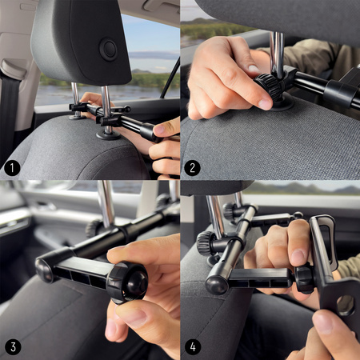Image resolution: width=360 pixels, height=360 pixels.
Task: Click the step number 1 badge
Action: pos(12,168)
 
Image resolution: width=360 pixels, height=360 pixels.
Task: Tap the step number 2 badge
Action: pos(192,168)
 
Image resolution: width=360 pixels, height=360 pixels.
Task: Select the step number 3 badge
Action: pos(13,347)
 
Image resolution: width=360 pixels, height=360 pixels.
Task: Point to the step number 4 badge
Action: pos(193,347)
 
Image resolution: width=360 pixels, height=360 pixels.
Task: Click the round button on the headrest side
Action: pos(108,50)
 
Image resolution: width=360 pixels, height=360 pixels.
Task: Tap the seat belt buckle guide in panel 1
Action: pos(13,70)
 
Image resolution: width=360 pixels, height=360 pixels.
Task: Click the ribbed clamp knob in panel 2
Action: pos(268,85)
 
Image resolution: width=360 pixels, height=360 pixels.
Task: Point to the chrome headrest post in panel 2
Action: pos(278,54)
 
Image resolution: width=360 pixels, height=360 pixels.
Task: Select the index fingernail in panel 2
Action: pos(266,104)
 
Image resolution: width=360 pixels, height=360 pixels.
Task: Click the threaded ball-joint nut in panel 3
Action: pos(127,283)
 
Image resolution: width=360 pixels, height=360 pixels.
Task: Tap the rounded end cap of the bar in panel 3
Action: pos(44,270)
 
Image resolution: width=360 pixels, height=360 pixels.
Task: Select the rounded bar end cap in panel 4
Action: pos(217,285)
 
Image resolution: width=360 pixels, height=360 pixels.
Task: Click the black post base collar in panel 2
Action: pos(282,102)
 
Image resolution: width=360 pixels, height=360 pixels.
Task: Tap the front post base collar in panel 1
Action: pos(108,135)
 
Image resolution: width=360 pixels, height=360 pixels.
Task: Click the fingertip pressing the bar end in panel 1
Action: pos(161,130)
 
